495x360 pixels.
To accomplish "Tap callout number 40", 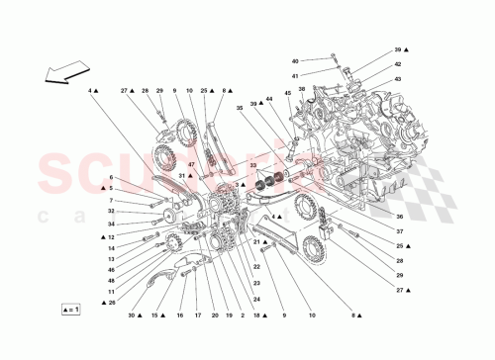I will click(295, 61).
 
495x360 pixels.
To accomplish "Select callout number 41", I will click(295, 76).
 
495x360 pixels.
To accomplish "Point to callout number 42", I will click(398, 63).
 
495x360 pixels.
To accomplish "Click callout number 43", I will click(398, 78).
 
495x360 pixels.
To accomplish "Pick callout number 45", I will click(288, 94).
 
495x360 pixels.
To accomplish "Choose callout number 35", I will click(239, 108).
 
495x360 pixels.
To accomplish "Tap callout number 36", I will click(398, 218).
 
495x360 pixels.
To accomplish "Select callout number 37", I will click(398, 231).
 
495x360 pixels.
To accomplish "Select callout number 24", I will click(257, 300).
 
